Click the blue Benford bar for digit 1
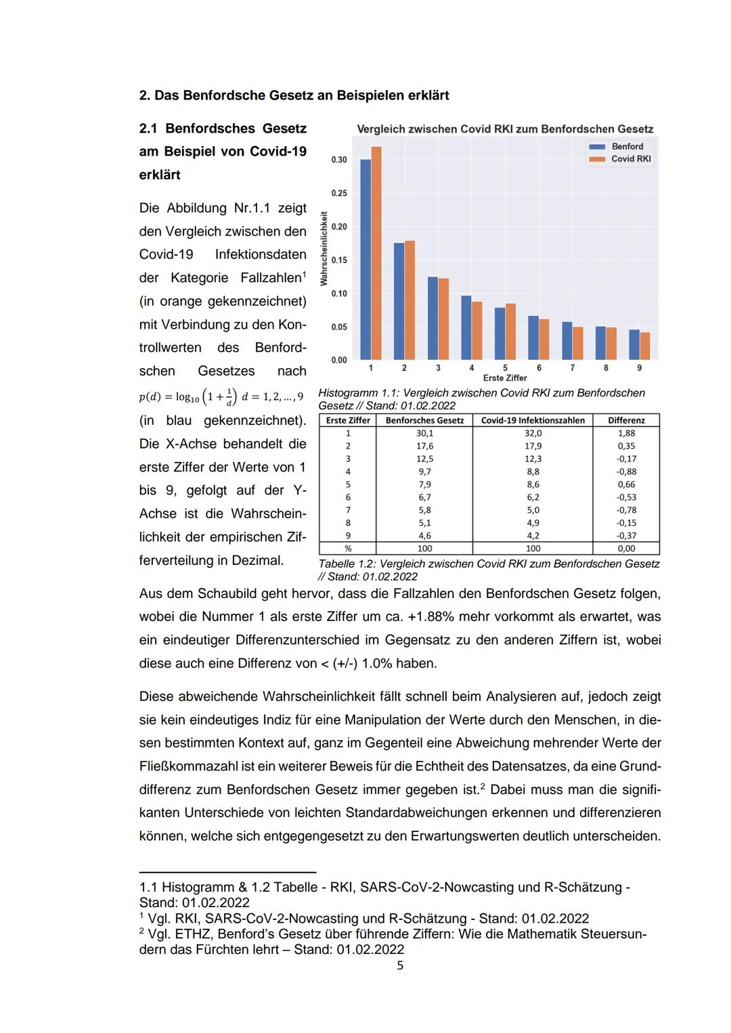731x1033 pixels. click(365, 260)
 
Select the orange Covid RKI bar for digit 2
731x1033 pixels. click(409, 300)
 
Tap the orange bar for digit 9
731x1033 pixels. click(645, 346)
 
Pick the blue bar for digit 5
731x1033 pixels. click(500, 334)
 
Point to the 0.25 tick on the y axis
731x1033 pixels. click(338, 193)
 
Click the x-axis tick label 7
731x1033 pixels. click(572, 368)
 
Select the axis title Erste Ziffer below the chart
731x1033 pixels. click(505, 378)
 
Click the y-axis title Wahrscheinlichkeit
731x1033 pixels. click(324, 248)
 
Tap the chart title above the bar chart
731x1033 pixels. click(505, 129)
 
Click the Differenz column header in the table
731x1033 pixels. click(626, 420)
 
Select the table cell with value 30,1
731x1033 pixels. click(424, 433)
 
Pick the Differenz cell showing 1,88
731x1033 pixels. click(626, 433)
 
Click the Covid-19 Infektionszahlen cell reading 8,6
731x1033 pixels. click(533, 484)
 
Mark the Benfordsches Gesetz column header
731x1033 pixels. click(424, 420)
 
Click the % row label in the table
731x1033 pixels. click(348, 549)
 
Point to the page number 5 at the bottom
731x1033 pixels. click(399, 965)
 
